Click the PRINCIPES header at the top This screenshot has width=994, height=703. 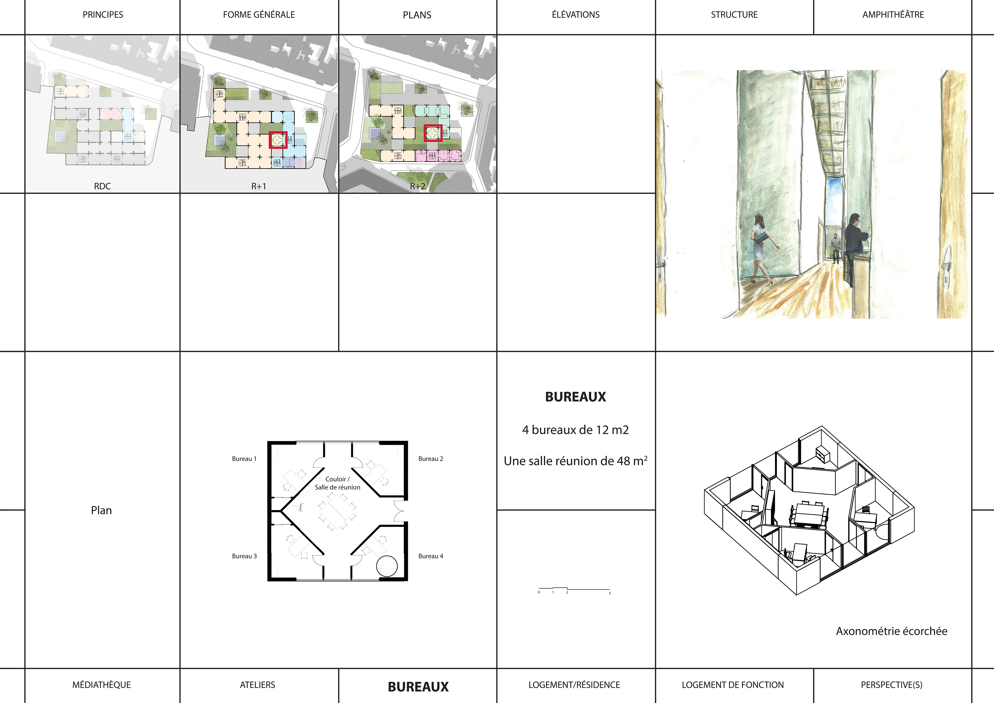tap(103, 15)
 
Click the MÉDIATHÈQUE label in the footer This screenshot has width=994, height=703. tap(102, 685)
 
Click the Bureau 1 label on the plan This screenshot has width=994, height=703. tap(244, 459)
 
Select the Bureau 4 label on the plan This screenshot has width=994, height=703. tap(431, 556)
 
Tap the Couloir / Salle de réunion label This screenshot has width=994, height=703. tap(338, 483)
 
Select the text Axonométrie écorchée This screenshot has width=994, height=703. tap(891, 631)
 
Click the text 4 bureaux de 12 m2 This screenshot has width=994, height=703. tap(575, 430)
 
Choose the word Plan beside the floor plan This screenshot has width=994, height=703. tap(101, 510)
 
